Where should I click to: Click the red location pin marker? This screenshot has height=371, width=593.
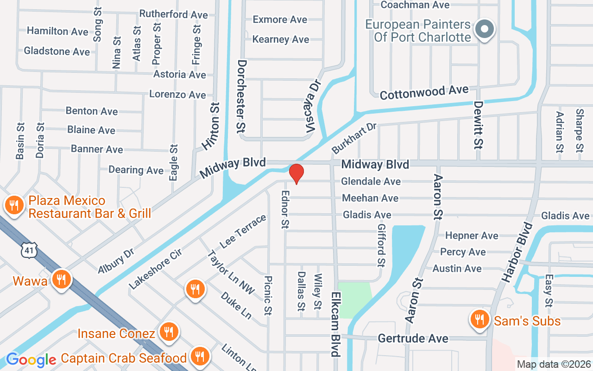click(296, 173)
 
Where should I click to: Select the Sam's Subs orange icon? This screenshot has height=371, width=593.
click(479, 320)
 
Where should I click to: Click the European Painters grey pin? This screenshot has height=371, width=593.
click(485, 29)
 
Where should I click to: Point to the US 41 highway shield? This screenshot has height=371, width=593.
click(28, 251)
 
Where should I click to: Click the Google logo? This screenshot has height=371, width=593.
click(31, 359)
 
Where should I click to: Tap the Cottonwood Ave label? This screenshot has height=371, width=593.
click(424, 92)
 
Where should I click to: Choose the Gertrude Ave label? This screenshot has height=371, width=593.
click(413, 338)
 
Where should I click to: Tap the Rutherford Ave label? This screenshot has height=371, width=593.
click(173, 14)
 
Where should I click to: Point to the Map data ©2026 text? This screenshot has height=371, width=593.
click(554, 365)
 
